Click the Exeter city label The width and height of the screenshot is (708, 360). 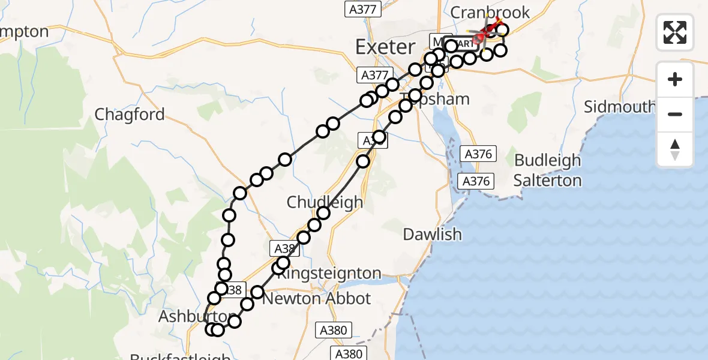(x=385, y=47)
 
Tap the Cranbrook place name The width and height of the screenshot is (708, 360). (x=490, y=12)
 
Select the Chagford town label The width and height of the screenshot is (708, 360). (x=130, y=115)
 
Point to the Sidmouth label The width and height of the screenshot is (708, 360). (x=620, y=107)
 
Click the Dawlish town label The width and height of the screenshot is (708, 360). (x=432, y=234)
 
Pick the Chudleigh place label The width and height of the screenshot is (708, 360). (x=325, y=202)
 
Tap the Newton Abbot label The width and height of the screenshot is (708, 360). (x=317, y=298)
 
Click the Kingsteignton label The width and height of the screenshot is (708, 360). (x=330, y=274)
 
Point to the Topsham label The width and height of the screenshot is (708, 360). (x=435, y=98)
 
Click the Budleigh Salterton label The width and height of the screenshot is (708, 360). (x=548, y=170)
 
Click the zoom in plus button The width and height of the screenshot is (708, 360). (x=675, y=79)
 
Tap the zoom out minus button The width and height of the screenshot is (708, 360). (x=675, y=114)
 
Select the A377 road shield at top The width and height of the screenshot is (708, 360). (x=364, y=9)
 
